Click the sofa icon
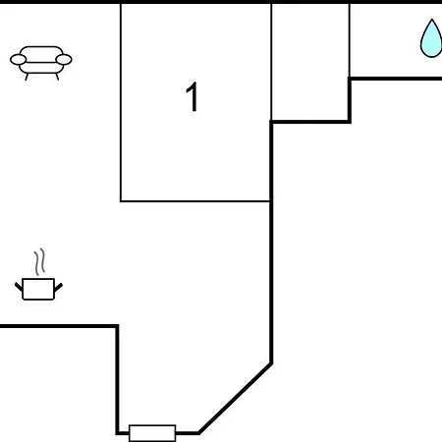[x=41, y=63]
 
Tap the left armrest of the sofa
[x=18, y=60]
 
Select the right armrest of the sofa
[x=64, y=60]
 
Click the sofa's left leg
[x=27, y=77]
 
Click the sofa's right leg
[x=57, y=77]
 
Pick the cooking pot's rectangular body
[x=38, y=289]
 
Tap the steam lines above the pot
[x=39, y=261]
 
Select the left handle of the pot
[x=19, y=287]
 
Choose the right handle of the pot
[x=58, y=287]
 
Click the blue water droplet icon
[x=431, y=38]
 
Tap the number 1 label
[x=193, y=96]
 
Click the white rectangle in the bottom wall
[x=152, y=433]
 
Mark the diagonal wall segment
[x=236, y=398]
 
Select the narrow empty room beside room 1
[x=310, y=62]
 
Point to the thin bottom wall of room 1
[x=195, y=201]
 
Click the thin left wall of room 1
[x=121, y=102]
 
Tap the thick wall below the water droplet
[x=395, y=79]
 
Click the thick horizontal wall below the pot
[x=59, y=326]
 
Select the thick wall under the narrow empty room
[x=310, y=122]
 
